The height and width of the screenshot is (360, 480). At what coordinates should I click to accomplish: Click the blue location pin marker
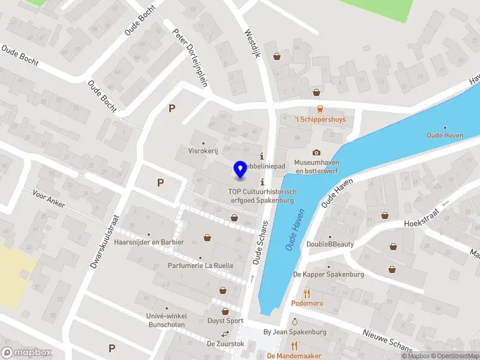pos(240,170)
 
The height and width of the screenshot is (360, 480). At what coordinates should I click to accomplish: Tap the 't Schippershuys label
pos(320,119)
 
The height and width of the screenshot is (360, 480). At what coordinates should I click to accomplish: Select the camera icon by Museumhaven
pos(316,152)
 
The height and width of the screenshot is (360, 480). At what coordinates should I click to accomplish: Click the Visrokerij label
pos(202,151)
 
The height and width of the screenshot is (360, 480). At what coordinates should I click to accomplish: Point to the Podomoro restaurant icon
pos(307,293)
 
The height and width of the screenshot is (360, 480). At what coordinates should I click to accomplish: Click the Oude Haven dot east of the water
pos(445,127)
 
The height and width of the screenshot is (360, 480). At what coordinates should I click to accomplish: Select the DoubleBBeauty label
pos(330,244)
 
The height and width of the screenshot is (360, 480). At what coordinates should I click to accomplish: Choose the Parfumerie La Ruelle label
pos(200,266)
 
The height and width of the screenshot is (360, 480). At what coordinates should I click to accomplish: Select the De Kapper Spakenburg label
pos(328,274)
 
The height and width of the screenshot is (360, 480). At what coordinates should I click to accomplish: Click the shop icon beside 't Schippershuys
pos(316,92)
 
